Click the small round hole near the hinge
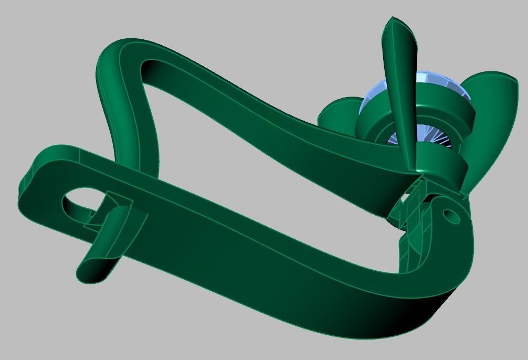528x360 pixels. point(450,215)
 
